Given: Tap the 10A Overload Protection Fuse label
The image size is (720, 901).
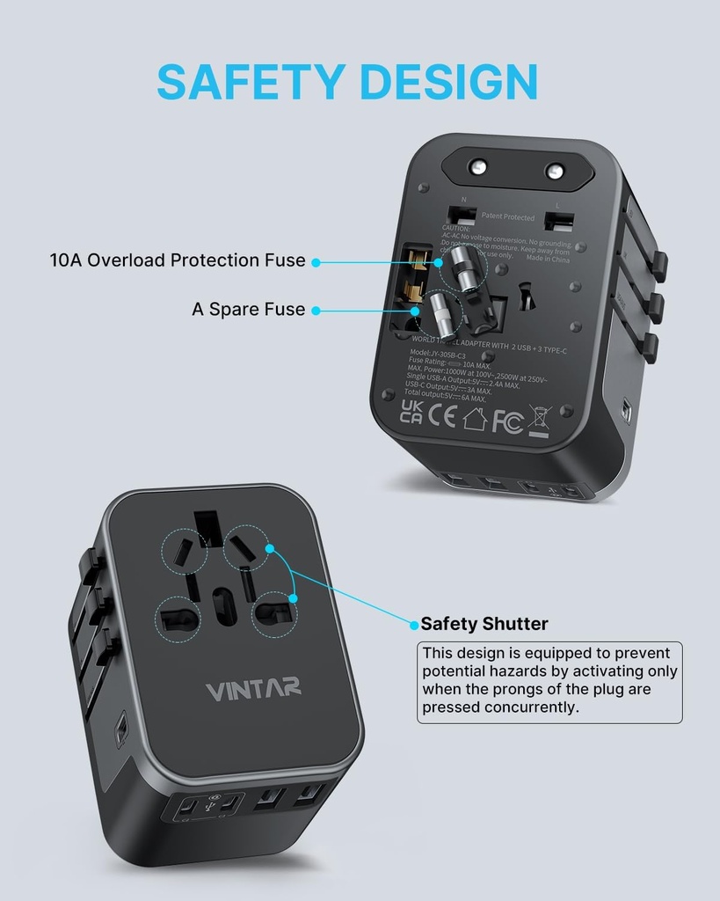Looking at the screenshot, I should point(178,260).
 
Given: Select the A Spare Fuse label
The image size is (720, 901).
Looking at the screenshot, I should point(249,310).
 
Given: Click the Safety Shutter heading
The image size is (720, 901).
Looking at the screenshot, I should point(484,624).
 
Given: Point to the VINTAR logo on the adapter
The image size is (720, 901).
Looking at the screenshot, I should point(254,688).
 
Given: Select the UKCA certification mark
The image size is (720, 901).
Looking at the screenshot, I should point(411,411).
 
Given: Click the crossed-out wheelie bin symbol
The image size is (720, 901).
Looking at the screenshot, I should point(539,421).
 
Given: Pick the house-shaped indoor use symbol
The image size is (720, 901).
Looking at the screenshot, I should point(475,419).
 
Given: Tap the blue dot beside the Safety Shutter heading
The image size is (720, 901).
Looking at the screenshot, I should point(413,625).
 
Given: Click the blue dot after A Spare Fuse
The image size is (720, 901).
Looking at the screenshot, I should point(315,310).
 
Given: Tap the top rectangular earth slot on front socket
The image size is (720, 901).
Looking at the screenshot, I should point(207,528).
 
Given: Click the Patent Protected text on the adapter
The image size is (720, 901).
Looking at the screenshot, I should point(507,216).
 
